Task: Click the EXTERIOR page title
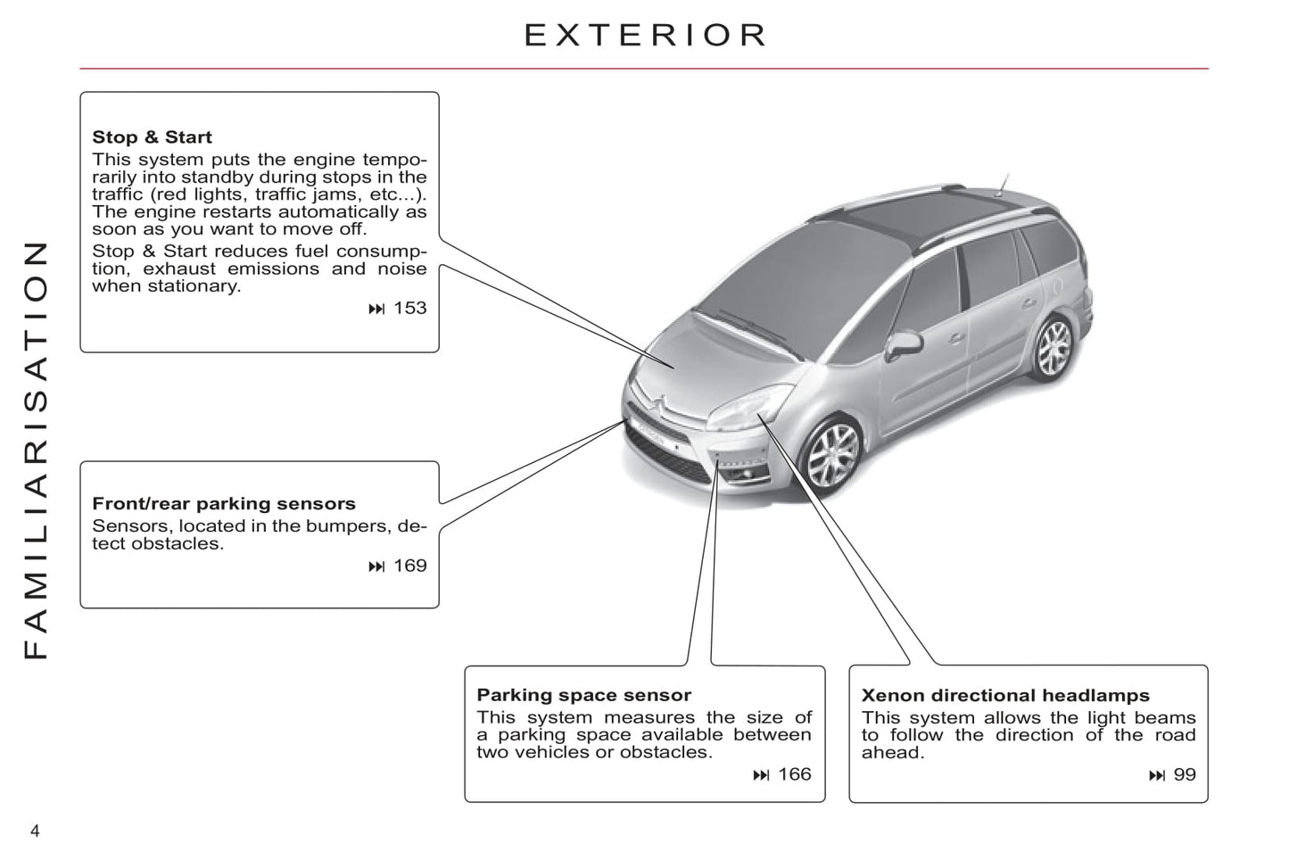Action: coord(645,35)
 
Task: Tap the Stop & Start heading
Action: coord(152,137)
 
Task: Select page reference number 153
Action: coord(409,308)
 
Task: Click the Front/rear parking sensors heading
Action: coord(224,504)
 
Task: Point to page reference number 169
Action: coord(409,566)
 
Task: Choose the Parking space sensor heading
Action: coord(583,695)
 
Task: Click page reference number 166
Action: coord(794,774)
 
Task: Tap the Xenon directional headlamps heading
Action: coord(1005,695)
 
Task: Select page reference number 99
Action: coord(1185,775)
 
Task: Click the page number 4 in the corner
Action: coord(35,831)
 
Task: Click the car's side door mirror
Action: coord(903,345)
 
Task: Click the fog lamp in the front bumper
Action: coord(747,475)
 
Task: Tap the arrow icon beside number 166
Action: coord(761,775)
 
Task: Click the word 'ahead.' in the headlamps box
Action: coord(893,753)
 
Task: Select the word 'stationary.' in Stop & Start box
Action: coord(194,286)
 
